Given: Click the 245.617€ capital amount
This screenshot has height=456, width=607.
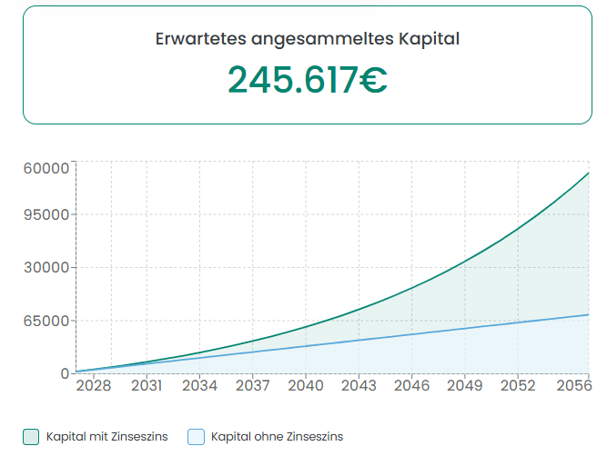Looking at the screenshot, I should (x=307, y=80).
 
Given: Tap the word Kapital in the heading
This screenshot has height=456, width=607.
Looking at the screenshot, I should (x=429, y=40).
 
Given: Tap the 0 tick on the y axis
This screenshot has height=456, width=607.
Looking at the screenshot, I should (x=65, y=373).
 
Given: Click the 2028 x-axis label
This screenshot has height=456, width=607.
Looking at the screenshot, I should (x=94, y=386).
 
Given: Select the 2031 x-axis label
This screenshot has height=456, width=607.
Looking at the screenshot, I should (x=147, y=386).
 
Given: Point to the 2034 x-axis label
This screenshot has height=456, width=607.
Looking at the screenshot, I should (x=199, y=386).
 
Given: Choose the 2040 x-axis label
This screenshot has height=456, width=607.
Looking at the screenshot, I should (x=306, y=386).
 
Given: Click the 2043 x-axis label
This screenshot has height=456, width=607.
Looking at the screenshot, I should (x=359, y=386).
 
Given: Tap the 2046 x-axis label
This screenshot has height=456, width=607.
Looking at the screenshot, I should (x=411, y=386).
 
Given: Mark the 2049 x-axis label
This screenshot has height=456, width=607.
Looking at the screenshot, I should (x=464, y=386).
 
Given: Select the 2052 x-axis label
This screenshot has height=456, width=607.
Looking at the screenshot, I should (x=518, y=386).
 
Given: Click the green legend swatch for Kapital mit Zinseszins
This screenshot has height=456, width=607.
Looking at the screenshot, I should (x=31, y=437).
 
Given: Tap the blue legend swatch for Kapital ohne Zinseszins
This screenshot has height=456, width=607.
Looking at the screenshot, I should (x=196, y=437).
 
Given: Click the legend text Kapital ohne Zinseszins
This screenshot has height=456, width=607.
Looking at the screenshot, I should (x=277, y=437).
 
